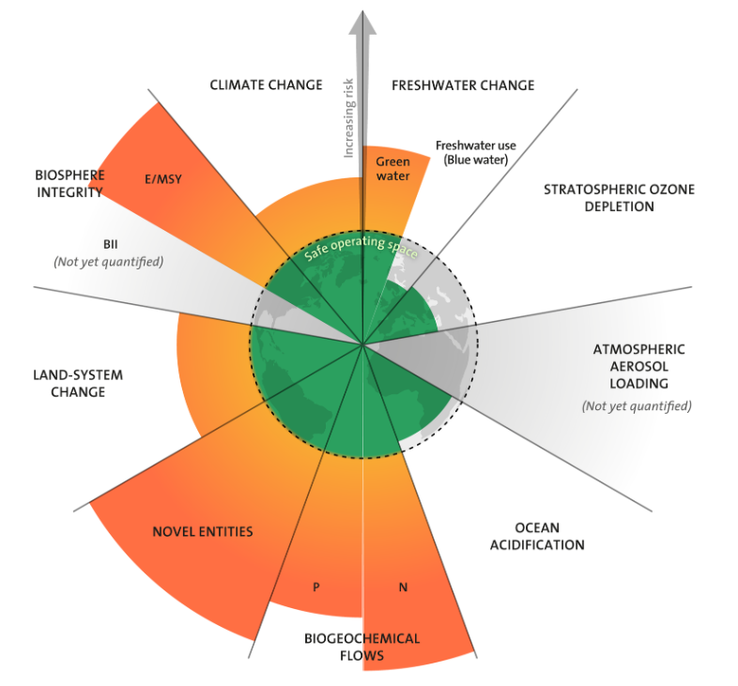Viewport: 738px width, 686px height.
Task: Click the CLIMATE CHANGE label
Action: [x=265, y=85]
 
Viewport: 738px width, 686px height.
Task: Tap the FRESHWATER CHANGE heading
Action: [x=462, y=85]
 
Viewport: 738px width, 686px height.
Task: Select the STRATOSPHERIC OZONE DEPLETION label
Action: [x=619, y=198]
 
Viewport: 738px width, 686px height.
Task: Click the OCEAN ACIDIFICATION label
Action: [x=536, y=536]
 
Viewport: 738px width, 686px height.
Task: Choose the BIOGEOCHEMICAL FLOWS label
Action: [x=361, y=648]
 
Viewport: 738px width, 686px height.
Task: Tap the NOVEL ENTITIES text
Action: [x=202, y=532]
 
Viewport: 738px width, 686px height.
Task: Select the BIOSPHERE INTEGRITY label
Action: [x=69, y=184]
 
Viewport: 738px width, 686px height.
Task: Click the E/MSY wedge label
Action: [x=163, y=178]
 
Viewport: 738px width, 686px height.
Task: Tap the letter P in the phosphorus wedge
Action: [x=316, y=587]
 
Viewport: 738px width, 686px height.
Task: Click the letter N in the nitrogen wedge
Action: [x=403, y=588]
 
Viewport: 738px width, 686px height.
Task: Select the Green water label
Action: [x=392, y=168]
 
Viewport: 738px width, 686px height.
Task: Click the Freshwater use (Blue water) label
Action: [x=475, y=153]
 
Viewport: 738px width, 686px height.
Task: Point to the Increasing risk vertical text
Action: [x=348, y=118]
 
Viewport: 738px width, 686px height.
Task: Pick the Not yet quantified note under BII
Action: [x=109, y=262]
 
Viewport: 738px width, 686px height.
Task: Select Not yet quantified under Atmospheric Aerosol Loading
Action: [x=637, y=406]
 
